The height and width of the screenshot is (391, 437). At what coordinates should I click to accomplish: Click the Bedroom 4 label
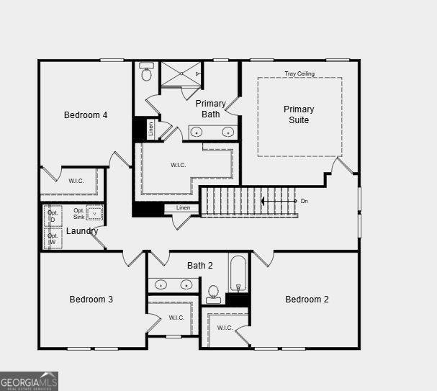point(86,115)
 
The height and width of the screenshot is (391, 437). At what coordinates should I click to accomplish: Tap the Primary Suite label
point(299,114)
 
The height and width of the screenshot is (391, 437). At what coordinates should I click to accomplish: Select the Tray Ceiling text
point(299,73)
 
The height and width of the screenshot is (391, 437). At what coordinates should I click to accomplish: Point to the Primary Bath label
point(211,109)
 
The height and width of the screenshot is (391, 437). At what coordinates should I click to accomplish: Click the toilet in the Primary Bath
point(147,73)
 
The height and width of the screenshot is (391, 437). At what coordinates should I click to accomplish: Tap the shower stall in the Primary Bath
point(181,73)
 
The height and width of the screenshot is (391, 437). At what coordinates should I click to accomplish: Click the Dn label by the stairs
point(304,201)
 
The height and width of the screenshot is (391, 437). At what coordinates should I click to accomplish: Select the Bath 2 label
point(200,266)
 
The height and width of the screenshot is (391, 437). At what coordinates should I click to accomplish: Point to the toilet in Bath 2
point(213,294)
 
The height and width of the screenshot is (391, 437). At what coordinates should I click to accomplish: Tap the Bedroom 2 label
point(307,300)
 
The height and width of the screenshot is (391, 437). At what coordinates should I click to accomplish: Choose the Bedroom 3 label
point(91,300)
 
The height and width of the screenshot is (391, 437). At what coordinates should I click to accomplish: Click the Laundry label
point(82,231)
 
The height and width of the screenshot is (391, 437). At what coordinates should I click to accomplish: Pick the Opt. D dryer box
point(53,216)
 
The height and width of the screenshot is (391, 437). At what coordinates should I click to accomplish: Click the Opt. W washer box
point(53,239)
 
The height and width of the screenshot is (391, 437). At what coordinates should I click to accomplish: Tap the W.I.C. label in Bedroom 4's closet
point(76,181)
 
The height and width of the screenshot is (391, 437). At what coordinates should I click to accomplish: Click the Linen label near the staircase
point(183,208)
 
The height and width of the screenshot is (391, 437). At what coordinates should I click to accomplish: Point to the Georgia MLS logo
point(29,381)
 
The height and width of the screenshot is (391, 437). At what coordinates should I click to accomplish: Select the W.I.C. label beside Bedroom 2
point(225,328)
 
